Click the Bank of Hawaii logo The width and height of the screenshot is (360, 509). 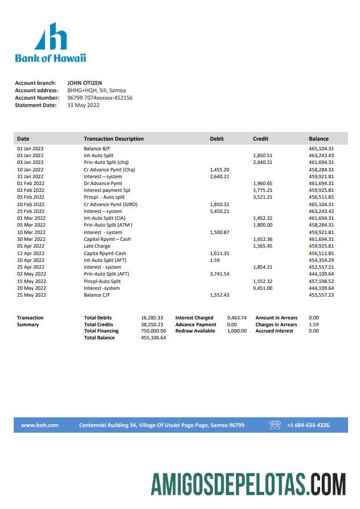pyautogui.click(x=50, y=42)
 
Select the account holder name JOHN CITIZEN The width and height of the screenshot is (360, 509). pyautogui.click(x=84, y=83)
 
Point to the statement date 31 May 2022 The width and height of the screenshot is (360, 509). pyautogui.click(x=83, y=105)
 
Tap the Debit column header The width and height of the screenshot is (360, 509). pyautogui.click(x=216, y=139)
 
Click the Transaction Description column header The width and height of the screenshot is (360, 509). pyautogui.click(x=113, y=139)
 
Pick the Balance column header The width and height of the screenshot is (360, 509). pyautogui.click(x=318, y=139)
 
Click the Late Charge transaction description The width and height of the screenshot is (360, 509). pyautogui.click(x=97, y=246)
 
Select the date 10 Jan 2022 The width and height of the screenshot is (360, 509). pyautogui.click(x=30, y=170)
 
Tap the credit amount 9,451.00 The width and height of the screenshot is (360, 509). pyautogui.click(x=263, y=288)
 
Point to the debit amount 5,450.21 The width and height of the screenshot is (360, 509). pyautogui.click(x=219, y=211)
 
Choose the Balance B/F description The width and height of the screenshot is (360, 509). pyautogui.click(x=96, y=149)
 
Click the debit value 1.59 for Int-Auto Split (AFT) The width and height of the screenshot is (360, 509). pyautogui.click(x=215, y=260)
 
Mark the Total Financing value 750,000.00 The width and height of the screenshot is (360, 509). pyautogui.click(x=153, y=331)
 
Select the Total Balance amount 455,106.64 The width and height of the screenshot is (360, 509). pyautogui.click(x=153, y=338)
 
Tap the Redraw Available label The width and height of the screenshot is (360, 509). pyautogui.click(x=195, y=331)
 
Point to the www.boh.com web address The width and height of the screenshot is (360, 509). pyautogui.click(x=40, y=425)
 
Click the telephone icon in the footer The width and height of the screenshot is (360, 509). pyautogui.click(x=275, y=425)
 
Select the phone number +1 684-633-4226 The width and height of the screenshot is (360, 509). pyautogui.click(x=309, y=425)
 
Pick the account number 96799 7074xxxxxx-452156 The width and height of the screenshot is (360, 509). pyautogui.click(x=100, y=98)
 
